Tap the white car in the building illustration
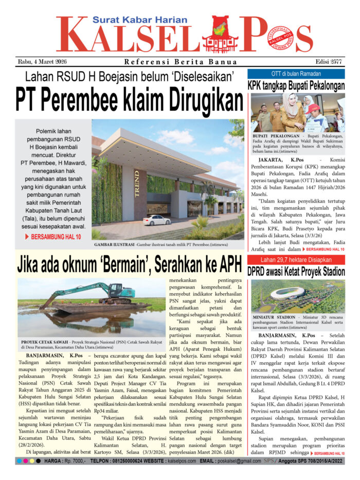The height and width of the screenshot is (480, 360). (x=156, y=220)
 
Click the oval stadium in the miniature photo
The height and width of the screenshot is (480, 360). (x=289, y=293)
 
